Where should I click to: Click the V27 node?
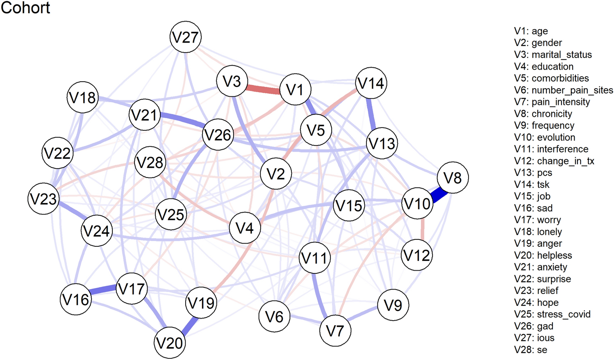coord(186,37)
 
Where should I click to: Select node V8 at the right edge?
coord(453,178)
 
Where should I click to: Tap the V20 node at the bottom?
coord(170,343)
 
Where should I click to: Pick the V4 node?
coord(245,228)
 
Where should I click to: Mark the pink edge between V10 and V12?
coord(423,230)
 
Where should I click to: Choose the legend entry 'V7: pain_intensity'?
coord(552,102)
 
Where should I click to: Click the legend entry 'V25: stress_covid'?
coord(552,314)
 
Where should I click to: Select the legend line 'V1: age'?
coord(531,31)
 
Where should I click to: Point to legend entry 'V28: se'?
coord(530,350)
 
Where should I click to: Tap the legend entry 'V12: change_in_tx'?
coord(554,161)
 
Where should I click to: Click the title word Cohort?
coord(25,8)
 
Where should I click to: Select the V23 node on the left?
coord(44,199)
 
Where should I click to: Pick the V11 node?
coord(315,258)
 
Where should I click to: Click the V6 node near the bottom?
coord(274,317)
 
